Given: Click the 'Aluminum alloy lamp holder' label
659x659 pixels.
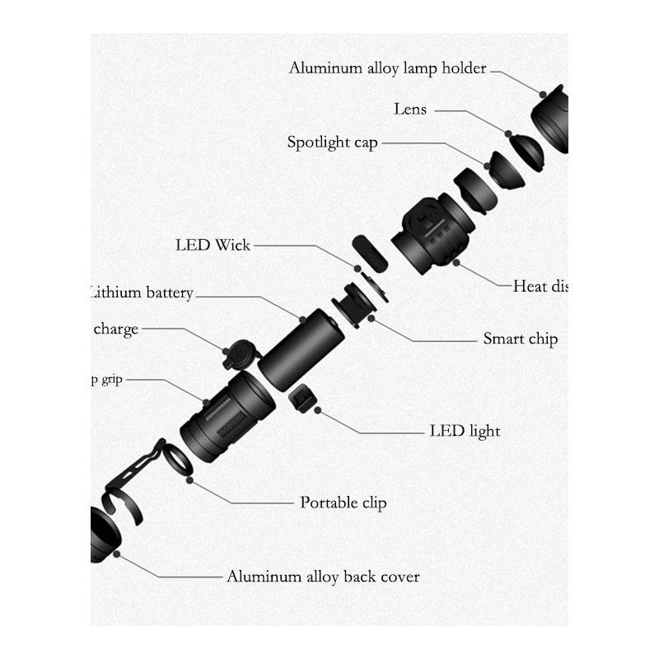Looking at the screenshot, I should pyautogui.click(x=387, y=68).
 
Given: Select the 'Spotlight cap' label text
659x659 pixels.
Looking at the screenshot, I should pyautogui.click(x=332, y=143).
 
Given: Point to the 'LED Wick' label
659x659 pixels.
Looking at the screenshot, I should pyautogui.click(x=213, y=245).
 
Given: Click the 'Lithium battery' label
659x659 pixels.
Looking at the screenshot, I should pyautogui.click(x=143, y=292).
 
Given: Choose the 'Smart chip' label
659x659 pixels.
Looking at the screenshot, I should pyautogui.click(x=520, y=339).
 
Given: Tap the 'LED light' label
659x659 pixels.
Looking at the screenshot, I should pyautogui.click(x=465, y=431).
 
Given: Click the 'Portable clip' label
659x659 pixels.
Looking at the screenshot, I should pyautogui.click(x=343, y=502).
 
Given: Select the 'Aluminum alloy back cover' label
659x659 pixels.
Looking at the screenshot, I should pyautogui.click(x=323, y=577).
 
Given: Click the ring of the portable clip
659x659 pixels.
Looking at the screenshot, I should pyautogui.click(x=177, y=460).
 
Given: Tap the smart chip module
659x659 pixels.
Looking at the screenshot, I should pyautogui.click(x=355, y=303).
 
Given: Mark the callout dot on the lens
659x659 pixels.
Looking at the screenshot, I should pyautogui.click(x=508, y=133).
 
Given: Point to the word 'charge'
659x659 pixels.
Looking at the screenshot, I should pyautogui.click(x=116, y=329).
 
